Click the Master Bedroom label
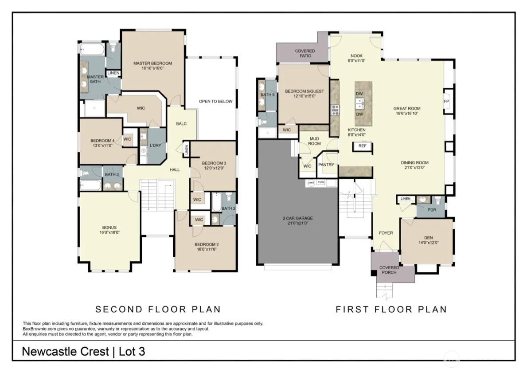[152, 63]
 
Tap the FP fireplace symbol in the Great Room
[447, 101]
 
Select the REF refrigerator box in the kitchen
[362, 146]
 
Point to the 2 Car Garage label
[297, 218]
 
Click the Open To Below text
[215, 101]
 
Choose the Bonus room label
[109, 228]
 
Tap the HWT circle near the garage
[311, 183]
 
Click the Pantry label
[326, 165]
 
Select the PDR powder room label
[432, 210]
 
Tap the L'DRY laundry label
[155, 145]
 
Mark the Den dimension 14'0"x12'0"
[429, 243]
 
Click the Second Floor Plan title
[158, 309]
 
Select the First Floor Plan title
[391, 309]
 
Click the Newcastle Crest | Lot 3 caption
[83, 351]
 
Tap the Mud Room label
[314, 141]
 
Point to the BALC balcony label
[181, 124]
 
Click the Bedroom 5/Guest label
[304, 91]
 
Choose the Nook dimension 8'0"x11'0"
[357, 61]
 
